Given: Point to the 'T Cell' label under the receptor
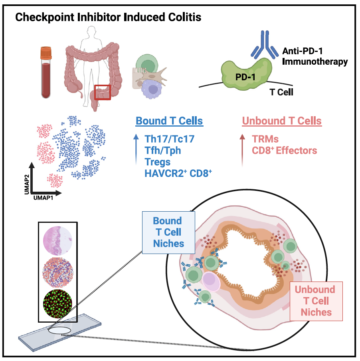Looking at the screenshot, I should [x=281, y=92].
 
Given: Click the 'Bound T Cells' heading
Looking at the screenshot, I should [x=169, y=121].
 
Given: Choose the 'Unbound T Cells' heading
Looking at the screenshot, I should [x=281, y=121].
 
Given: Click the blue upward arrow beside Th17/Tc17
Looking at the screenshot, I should [x=136, y=149].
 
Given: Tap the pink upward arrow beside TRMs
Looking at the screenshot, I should [x=242, y=149].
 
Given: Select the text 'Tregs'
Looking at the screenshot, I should [x=158, y=162].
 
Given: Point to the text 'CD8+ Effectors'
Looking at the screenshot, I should [x=284, y=151].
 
